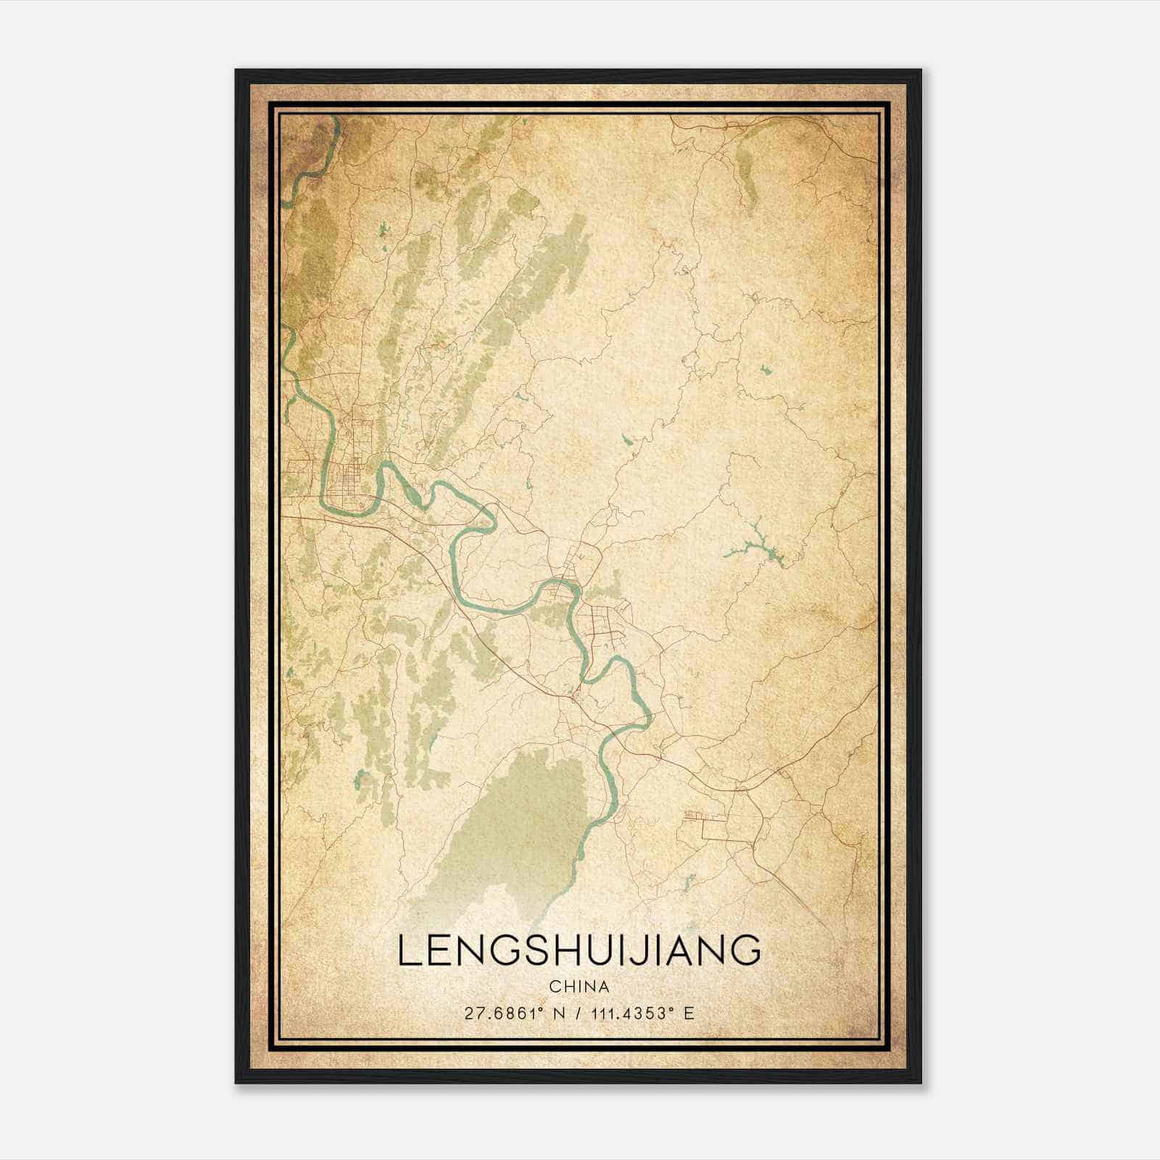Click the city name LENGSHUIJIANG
[579, 950]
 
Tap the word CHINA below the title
[579, 987]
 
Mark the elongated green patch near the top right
[745, 170]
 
